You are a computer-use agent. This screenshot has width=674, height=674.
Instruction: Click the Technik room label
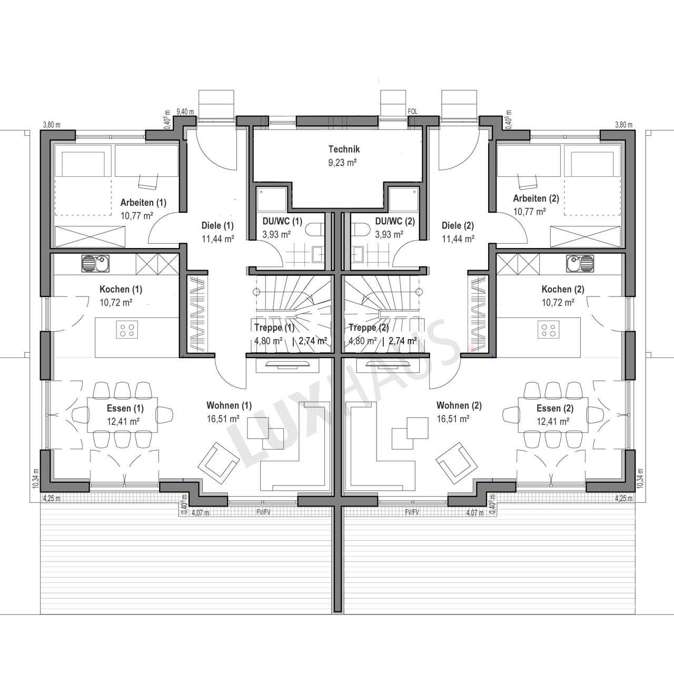tap(344, 150)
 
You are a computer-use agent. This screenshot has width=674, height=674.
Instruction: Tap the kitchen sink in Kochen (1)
tap(95, 263)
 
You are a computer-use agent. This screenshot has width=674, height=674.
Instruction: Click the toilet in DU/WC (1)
tap(314, 230)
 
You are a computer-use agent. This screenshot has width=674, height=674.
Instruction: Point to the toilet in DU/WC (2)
tap(360, 230)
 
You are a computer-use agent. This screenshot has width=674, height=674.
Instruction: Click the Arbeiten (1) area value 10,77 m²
tap(137, 215)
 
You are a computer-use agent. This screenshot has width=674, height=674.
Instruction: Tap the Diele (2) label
tap(458, 225)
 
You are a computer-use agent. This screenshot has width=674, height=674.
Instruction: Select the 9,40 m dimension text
tap(185, 112)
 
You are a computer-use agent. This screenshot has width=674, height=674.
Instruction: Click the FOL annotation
tap(413, 112)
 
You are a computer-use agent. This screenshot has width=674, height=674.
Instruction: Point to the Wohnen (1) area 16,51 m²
tap(223, 419)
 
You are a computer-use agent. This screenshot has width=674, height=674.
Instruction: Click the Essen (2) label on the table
tap(554, 408)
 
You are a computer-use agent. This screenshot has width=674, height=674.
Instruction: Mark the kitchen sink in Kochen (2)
tap(580, 263)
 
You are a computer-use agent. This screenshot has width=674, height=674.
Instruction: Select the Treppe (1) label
tap(274, 328)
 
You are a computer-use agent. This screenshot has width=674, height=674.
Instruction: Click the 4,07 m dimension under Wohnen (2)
tap(475, 513)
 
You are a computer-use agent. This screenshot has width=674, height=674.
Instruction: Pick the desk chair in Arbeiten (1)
tap(147, 182)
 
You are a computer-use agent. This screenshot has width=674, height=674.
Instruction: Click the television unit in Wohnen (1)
tap(288, 366)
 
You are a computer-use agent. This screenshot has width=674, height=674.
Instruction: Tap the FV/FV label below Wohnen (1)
tap(263, 512)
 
